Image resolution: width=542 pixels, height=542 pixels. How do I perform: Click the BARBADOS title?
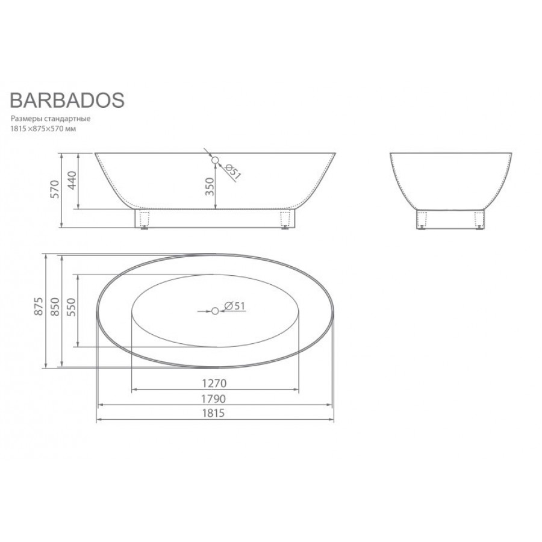tap(67, 100)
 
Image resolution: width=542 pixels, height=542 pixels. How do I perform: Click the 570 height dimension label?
tap(55, 188)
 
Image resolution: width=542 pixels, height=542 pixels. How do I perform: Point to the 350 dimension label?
tap(210, 186)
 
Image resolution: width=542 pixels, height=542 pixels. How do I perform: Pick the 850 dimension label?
tap(55, 307)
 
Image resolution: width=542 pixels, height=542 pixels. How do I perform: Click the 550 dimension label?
tap(72, 307)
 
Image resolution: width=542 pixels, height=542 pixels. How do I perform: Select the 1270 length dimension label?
tap(214, 384)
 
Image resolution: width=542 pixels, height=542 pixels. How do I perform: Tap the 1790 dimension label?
tap(214, 399)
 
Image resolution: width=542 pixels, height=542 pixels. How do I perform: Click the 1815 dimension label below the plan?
tap(213, 413)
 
